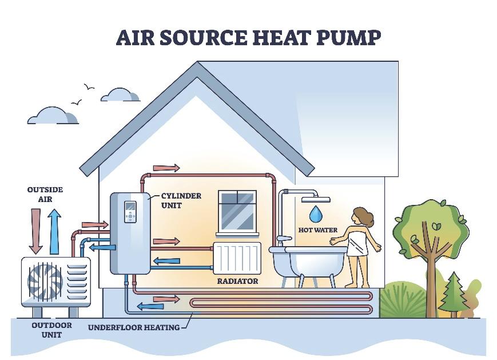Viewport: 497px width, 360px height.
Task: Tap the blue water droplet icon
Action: click(316, 214)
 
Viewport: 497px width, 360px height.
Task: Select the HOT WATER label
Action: click(317, 230)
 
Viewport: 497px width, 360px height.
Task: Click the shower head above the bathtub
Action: click(316, 200)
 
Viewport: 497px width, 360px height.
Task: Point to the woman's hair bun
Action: click(369, 217)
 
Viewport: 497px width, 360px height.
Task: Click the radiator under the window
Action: click(237, 258)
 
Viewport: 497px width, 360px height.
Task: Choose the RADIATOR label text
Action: click(237, 281)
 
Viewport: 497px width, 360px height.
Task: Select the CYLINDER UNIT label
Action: click(181, 200)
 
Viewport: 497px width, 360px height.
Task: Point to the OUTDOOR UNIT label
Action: click(51, 330)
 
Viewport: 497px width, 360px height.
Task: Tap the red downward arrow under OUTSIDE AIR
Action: click(35, 231)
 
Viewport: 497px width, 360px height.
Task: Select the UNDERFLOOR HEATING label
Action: click(133, 327)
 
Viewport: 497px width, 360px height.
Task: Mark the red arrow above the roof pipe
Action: click(166, 168)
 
